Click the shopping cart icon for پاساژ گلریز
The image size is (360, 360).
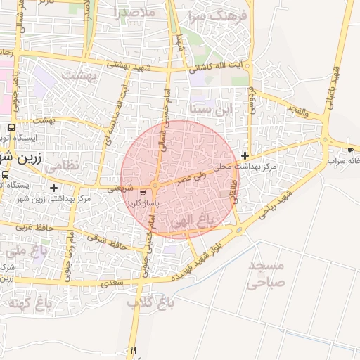143,192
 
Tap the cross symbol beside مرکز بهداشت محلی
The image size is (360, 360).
245,155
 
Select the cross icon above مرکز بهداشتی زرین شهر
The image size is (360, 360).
54,188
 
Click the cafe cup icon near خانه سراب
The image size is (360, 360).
351,150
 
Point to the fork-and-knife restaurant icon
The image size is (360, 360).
131,350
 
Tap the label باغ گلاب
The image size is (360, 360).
150,303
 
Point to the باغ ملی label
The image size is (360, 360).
26,250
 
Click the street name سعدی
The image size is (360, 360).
112,283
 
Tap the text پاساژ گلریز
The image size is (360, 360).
143,202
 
